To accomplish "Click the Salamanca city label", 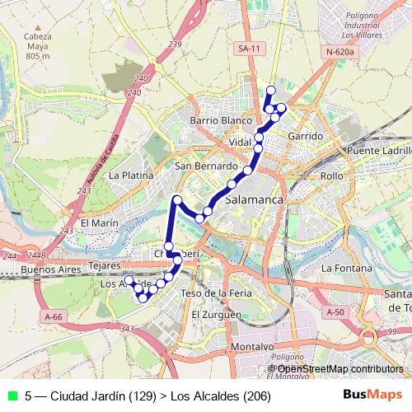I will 254,200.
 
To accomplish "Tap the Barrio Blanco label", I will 220,120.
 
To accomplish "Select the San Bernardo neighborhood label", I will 206,166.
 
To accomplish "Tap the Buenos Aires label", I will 50,269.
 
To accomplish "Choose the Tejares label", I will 104,266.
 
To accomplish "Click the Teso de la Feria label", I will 216,293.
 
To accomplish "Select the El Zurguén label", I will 216,315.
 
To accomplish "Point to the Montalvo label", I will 228,347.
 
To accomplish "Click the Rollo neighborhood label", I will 331,176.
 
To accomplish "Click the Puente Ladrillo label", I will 379,152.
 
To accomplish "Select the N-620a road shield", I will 339,52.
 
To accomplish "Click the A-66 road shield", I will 54,316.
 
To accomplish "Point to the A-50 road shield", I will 335,312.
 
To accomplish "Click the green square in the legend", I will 11,395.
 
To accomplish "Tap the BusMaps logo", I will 372,395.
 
